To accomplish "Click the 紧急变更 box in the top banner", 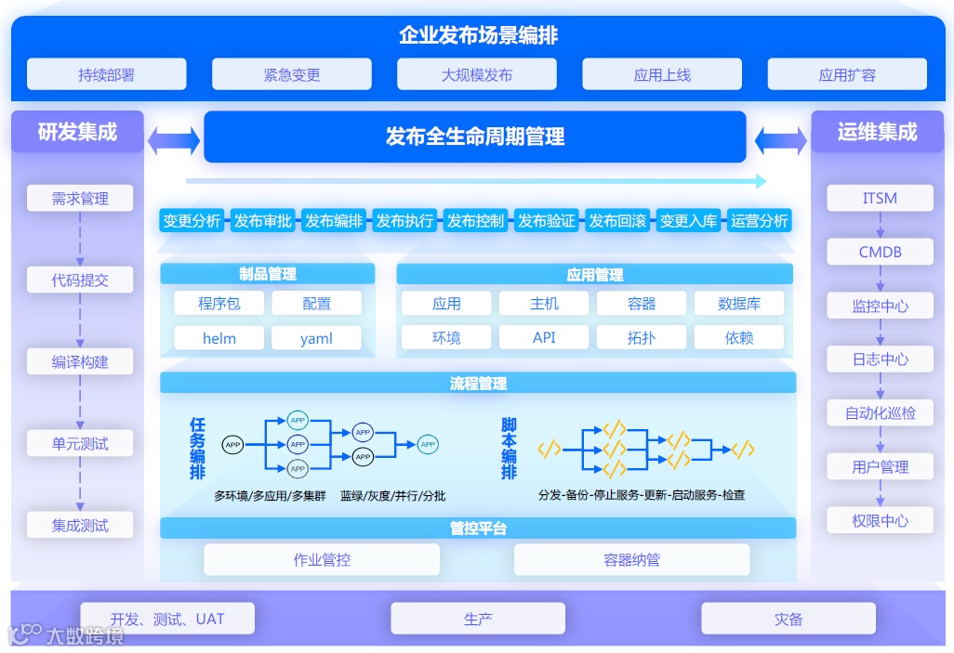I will pos(292,74).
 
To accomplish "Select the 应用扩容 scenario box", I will pos(847,74).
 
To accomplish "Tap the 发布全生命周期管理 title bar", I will pos(475,137).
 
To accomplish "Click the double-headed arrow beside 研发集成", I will pos(174,140).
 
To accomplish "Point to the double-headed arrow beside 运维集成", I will pos(780,141).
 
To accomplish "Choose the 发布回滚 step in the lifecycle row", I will pos(617,221).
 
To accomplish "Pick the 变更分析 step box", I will pos(192,221).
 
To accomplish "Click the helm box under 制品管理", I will pos(219,338).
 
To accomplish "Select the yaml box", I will pos(316,338).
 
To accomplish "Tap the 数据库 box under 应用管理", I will pos(739,304).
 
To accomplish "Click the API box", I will pos(544,338).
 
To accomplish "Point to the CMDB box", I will pos(880,252).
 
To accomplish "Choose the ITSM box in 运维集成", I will pos(880,198).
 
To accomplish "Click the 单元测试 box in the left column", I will pos(80,444).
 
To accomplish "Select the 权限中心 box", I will pos(880,521).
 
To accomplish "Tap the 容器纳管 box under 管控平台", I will pos(631,560).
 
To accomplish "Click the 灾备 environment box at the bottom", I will pos(788,619).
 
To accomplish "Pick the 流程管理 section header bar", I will pos(478,383).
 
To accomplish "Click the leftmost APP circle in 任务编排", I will pos(232,445).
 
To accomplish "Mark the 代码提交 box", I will pos(80,280).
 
